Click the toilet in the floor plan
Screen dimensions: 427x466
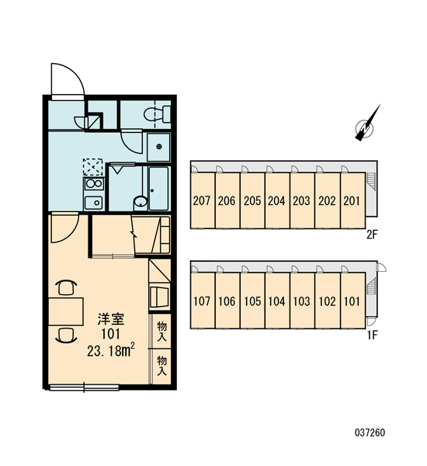click(x=157, y=114)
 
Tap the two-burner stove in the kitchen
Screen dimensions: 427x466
click(x=94, y=184)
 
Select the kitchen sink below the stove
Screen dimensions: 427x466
click(x=94, y=203)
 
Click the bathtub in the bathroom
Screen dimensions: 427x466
click(x=159, y=189)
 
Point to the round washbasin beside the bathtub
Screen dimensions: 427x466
click(x=141, y=202)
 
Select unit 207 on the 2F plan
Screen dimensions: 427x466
click(x=202, y=200)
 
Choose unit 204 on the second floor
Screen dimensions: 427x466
click(x=277, y=200)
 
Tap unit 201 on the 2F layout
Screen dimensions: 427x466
click(x=352, y=200)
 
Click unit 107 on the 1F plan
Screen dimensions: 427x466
click(x=202, y=301)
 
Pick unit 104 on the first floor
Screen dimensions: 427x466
click(x=277, y=301)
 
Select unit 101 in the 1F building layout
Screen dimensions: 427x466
click(x=352, y=301)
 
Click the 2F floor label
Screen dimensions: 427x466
click(x=372, y=235)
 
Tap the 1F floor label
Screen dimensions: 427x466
click(x=373, y=336)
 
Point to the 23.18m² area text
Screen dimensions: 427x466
click(x=111, y=351)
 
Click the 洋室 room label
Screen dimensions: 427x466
click(x=111, y=319)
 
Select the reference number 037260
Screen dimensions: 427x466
click(x=370, y=432)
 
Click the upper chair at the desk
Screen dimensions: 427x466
click(x=66, y=287)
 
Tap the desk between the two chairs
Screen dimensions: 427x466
click(x=66, y=311)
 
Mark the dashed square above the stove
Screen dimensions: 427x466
click(x=93, y=167)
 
